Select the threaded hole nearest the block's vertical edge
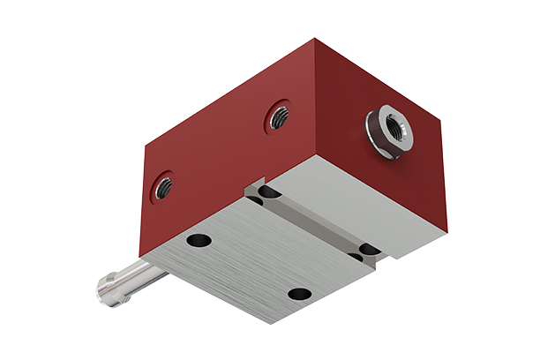tap(278, 116)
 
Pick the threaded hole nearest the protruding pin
tap(163, 187)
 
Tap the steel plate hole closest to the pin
tap(198, 240)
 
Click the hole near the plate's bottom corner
tap(300, 294)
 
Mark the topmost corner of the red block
tap(314, 39)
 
